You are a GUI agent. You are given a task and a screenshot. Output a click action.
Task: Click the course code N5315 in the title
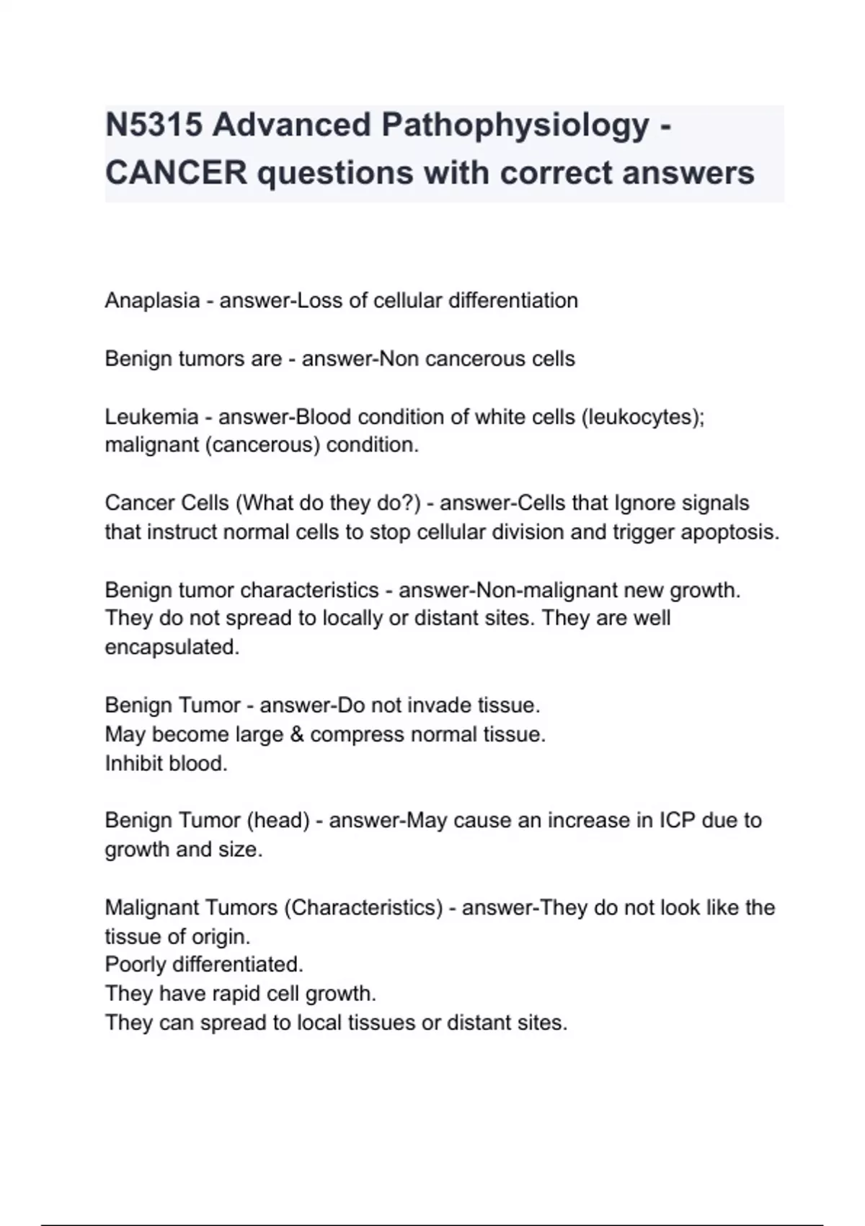pos(153,125)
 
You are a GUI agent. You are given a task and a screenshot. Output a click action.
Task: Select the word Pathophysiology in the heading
pos(515,125)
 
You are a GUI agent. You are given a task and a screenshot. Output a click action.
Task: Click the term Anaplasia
pos(152,301)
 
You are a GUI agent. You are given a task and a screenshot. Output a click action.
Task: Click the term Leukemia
pos(151,417)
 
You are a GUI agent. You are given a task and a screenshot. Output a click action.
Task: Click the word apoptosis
pos(732,532)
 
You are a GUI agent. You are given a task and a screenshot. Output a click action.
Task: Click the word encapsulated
pos(172,647)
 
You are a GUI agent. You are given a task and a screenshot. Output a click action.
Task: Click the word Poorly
pos(136,965)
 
